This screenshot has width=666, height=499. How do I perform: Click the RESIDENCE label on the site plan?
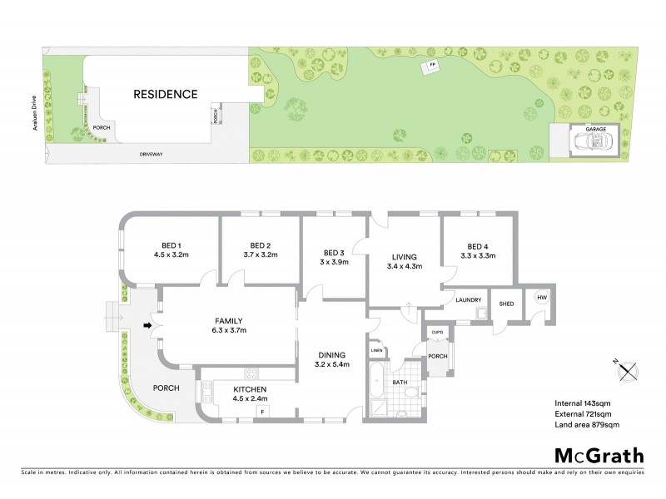click(x=166, y=94)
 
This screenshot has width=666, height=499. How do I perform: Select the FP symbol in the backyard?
click(x=432, y=65)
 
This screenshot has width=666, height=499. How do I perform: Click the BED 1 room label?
click(x=172, y=245)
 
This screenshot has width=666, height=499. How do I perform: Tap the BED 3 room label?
click(x=335, y=252)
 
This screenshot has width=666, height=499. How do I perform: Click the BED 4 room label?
click(x=477, y=245)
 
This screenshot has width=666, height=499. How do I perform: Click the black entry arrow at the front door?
click(x=149, y=325)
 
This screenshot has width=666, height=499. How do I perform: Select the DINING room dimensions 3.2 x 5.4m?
click(x=331, y=364)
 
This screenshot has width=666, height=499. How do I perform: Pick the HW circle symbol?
click(x=542, y=298)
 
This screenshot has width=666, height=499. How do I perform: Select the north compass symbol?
click(x=629, y=371)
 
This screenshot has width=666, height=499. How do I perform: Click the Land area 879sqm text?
click(x=588, y=425)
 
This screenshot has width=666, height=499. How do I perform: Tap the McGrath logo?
click(x=599, y=455)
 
